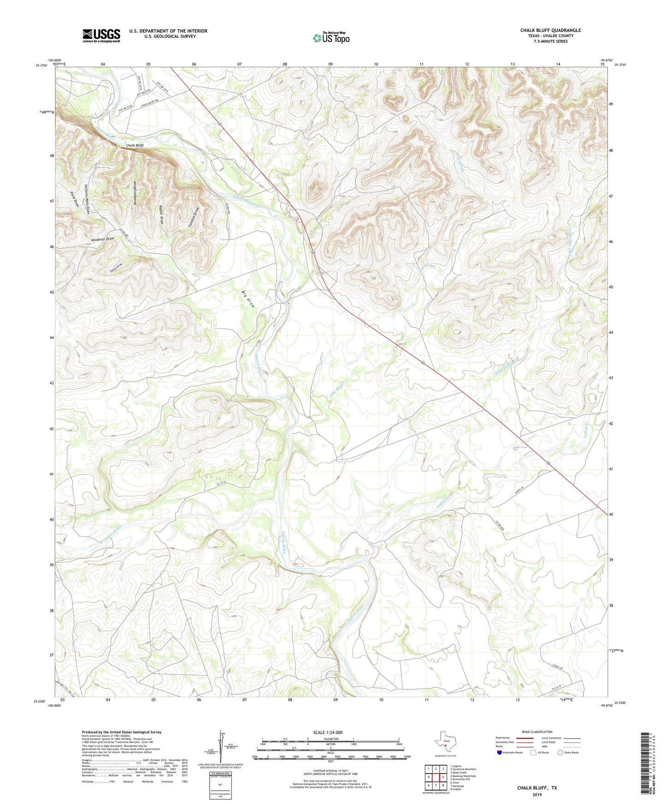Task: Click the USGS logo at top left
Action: tap(101, 35)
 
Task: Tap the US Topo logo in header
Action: tap(331, 38)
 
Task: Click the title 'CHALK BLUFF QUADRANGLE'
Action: tap(550, 30)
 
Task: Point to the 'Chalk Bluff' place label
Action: tap(135, 146)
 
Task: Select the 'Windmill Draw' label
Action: tap(102, 239)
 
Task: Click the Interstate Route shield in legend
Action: tap(500, 752)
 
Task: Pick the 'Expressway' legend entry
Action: tap(504, 738)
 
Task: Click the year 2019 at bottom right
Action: tap(537, 794)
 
